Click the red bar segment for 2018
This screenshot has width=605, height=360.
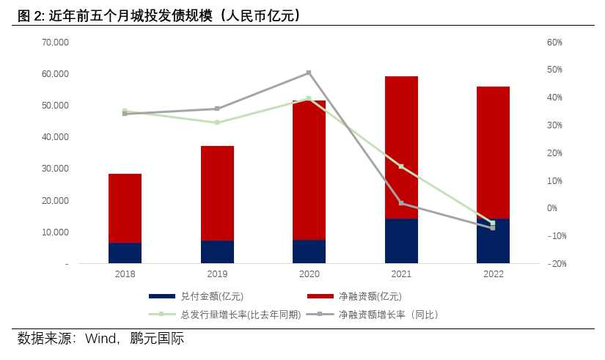125,208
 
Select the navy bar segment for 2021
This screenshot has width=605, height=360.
401,240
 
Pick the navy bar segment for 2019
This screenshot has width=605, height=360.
217,251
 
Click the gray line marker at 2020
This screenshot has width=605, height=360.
309,73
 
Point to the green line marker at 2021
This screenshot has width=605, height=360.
401,166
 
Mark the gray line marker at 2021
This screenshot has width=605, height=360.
401,203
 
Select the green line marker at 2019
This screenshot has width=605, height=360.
217,122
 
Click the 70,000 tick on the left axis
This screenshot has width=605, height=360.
55,43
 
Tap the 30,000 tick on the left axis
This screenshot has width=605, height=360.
55,169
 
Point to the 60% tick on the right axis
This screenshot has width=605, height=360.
554,43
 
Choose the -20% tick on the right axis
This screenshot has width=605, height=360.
554,264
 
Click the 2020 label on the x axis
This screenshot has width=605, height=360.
309,273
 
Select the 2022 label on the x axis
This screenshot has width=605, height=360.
493,273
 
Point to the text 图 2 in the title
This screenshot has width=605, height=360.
26,15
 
